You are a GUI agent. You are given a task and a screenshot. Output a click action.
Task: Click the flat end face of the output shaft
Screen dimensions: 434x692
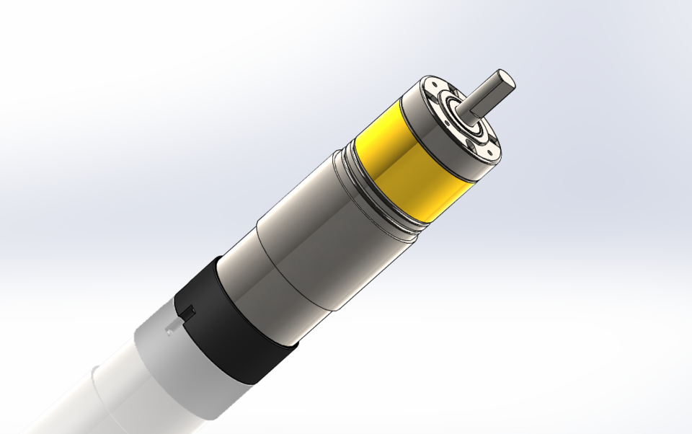[505, 79]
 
